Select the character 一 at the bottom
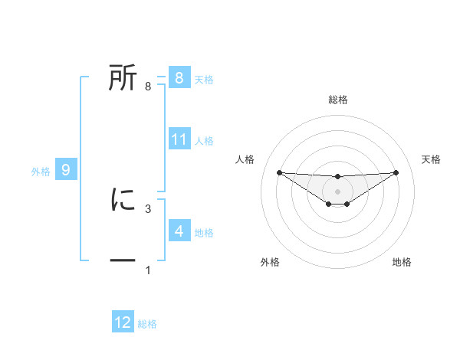point(123,261)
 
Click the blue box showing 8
point(179,77)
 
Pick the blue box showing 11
point(179,139)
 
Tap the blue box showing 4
point(179,231)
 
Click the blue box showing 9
point(66,170)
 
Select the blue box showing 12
point(123,322)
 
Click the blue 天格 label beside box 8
point(204,79)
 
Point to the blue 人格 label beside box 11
point(204,141)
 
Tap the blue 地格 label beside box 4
point(204,232)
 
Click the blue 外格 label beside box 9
point(41,172)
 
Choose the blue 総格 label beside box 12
point(147,324)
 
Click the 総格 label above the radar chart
point(337,100)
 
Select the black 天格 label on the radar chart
point(431,159)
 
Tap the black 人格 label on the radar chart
point(245,159)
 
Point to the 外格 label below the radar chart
point(270,262)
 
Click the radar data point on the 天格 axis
point(396,172)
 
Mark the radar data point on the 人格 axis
point(279,172)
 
